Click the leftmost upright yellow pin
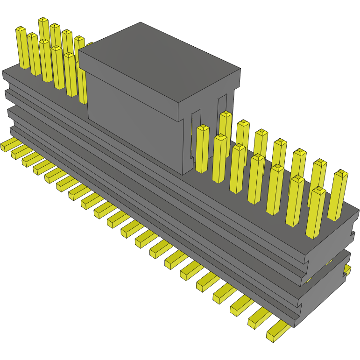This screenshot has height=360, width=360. click(x=22, y=47)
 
